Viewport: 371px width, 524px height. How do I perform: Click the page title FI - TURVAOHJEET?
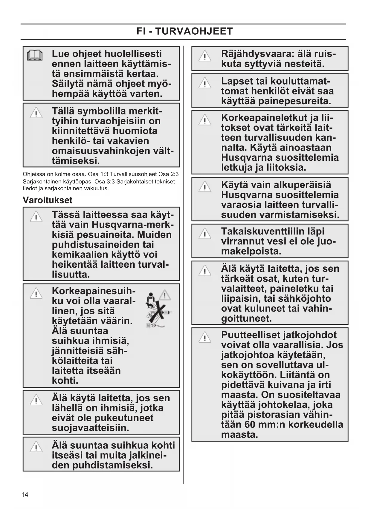click(x=184, y=31)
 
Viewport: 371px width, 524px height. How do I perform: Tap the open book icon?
click(x=35, y=56)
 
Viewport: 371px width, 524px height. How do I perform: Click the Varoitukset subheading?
click(x=48, y=200)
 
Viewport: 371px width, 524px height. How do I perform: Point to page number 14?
click(x=25, y=494)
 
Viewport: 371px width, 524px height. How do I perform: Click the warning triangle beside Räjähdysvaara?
click(x=205, y=56)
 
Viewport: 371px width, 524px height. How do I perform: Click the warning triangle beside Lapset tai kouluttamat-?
click(x=205, y=83)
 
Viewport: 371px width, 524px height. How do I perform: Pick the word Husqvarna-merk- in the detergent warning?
click(x=133, y=224)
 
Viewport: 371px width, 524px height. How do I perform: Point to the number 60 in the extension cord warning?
click(x=250, y=424)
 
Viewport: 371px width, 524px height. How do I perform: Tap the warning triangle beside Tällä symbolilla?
click(x=36, y=113)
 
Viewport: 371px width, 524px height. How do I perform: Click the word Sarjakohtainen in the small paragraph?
click(x=40, y=181)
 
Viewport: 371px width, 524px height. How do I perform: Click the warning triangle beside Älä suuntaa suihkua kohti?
click(x=36, y=447)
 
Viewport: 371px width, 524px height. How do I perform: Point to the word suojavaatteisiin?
click(x=90, y=428)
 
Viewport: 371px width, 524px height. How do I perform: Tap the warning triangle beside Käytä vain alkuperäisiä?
click(x=205, y=187)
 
